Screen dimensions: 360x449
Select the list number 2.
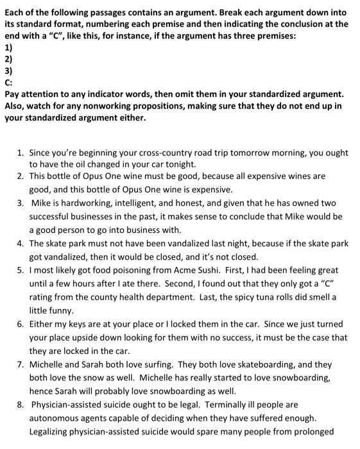tap(21, 176)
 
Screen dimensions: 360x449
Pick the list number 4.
tap(21, 244)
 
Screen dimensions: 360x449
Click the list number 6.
tap(21, 325)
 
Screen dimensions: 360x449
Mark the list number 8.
tap(21, 405)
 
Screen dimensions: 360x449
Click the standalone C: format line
tap(8, 82)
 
